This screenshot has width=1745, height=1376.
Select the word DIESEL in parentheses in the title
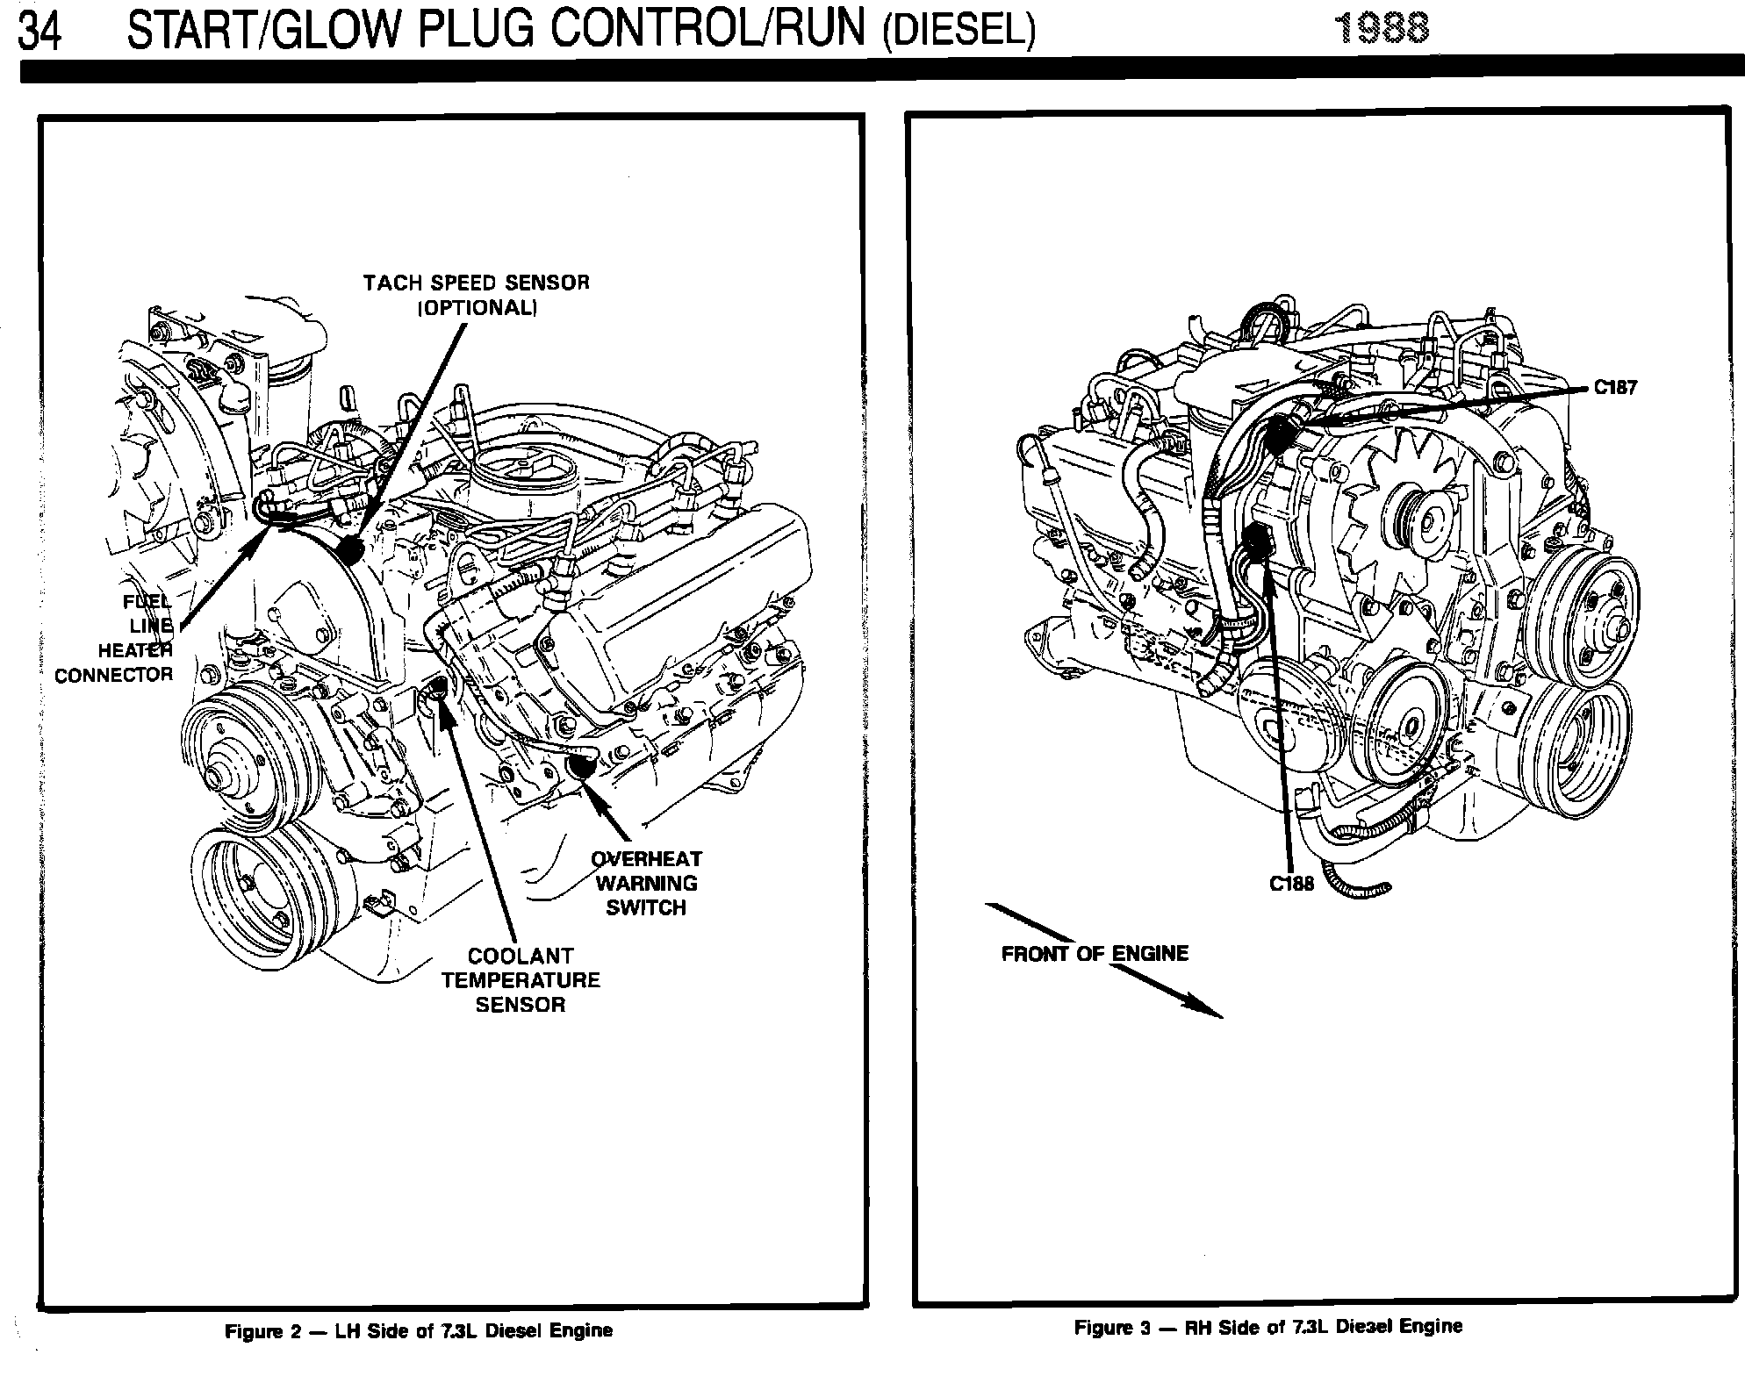click(959, 32)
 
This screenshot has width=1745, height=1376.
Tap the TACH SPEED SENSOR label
click(477, 283)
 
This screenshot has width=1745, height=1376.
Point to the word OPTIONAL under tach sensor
click(477, 308)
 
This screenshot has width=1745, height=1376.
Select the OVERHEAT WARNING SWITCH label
click(646, 883)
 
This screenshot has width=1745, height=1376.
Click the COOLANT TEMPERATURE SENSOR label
click(521, 979)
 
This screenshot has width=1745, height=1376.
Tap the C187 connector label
click(1616, 388)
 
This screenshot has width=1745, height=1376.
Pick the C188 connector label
click(1291, 884)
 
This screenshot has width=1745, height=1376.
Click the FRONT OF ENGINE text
click(1095, 954)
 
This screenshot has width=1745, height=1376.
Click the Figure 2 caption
click(419, 1330)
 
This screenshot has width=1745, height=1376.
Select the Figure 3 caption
click(1268, 1326)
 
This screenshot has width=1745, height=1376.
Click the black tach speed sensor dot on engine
click(351, 549)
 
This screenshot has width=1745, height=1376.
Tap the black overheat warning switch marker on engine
click(580, 766)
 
